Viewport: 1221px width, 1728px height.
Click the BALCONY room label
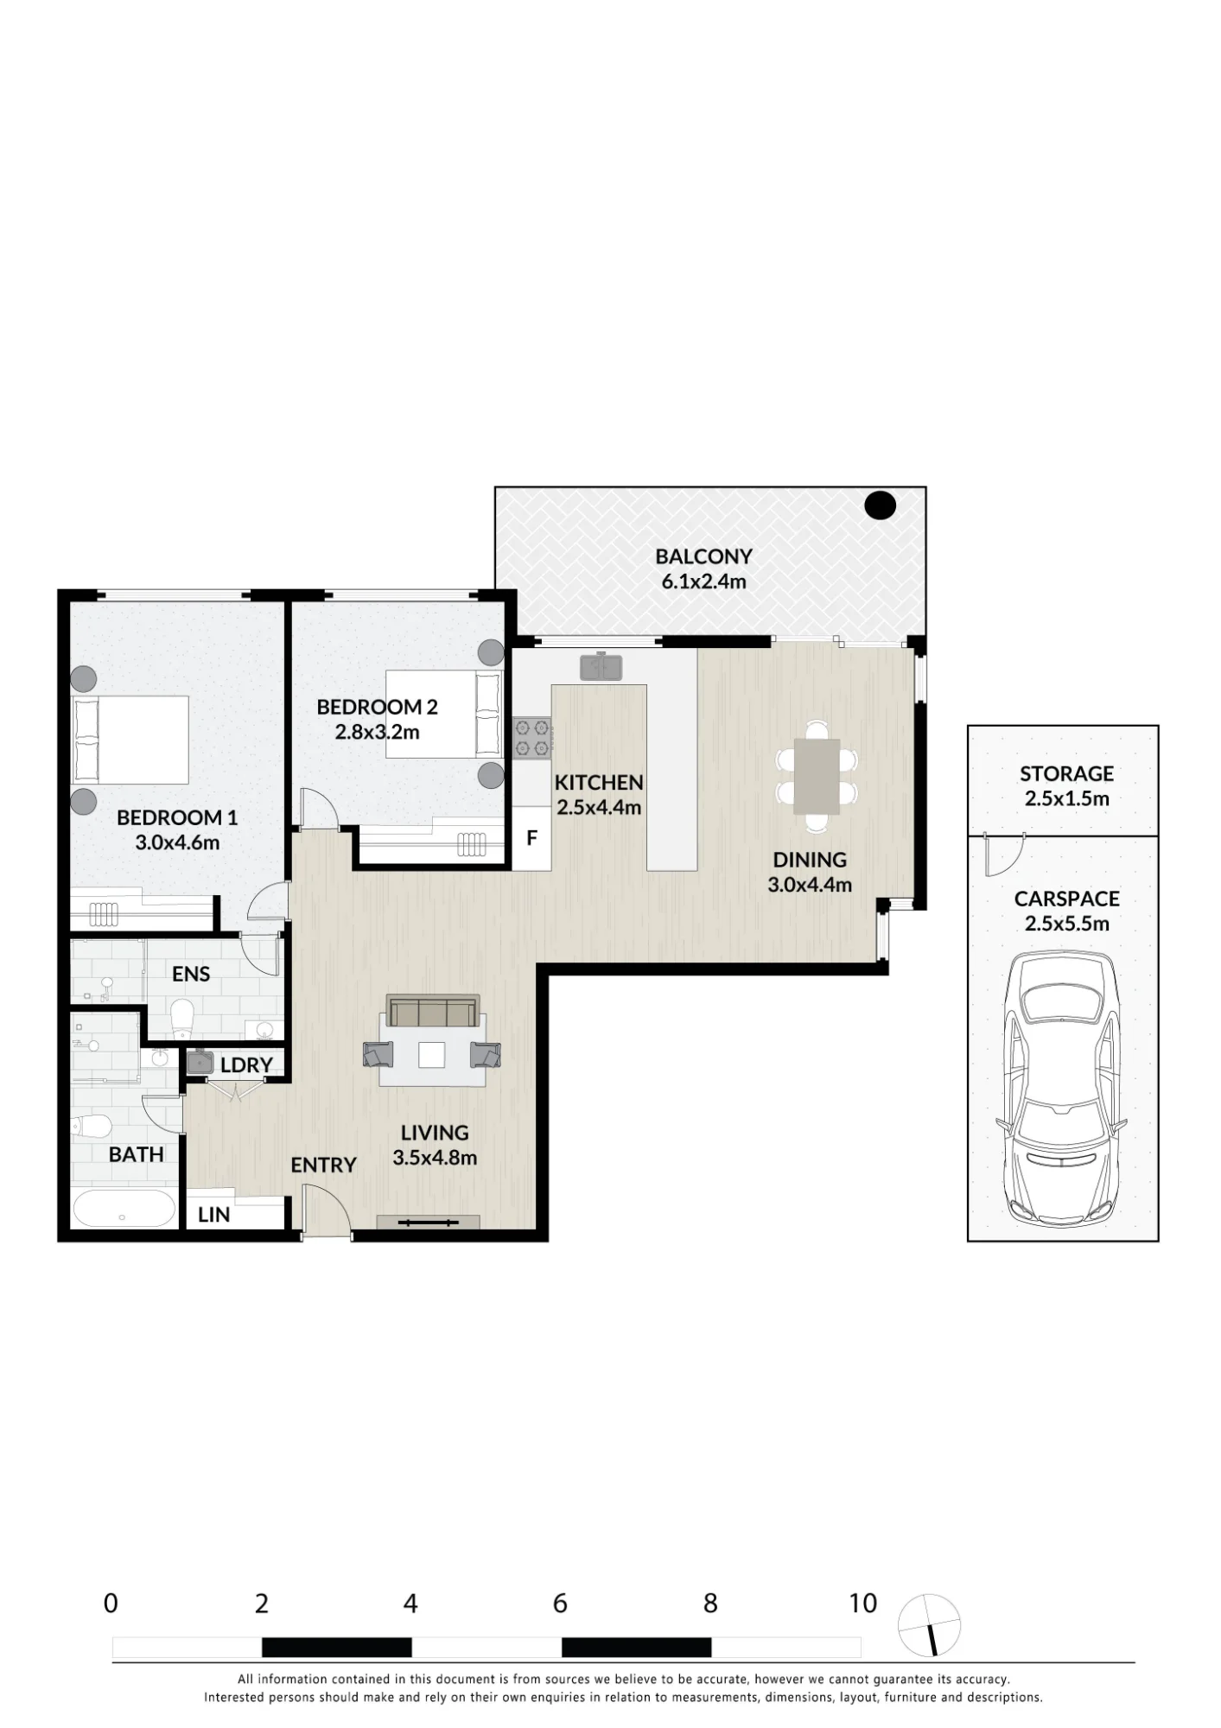pos(703,556)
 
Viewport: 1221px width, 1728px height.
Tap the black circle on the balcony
pos(881,505)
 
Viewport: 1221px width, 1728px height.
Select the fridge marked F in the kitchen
pos(531,838)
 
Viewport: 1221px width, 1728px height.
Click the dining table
pos(817,776)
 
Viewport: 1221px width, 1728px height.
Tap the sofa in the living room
pos(432,1010)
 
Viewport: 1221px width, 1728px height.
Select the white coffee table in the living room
pos(432,1055)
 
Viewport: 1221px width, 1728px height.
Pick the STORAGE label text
pos(1066,773)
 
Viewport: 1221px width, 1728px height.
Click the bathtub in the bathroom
pos(124,1208)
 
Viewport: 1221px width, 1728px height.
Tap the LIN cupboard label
pos(213,1215)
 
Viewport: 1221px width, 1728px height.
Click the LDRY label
pos(246,1065)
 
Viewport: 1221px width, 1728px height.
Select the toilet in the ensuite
pos(182,1020)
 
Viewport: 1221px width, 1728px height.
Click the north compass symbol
pos(929,1625)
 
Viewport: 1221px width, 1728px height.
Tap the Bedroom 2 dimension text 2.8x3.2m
pos(378,733)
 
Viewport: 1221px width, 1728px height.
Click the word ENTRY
pos(323,1166)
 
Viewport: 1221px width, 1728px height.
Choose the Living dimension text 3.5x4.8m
pos(435,1158)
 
